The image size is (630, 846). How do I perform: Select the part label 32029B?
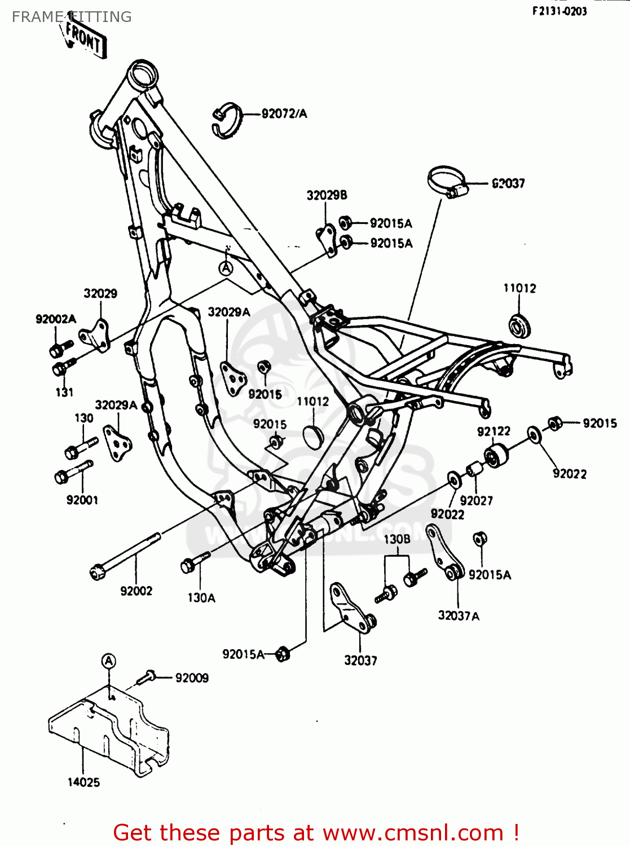point(327,195)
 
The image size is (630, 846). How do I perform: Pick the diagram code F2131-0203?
point(559,11)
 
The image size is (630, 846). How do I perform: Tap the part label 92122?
point(494,431)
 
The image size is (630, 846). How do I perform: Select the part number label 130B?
point(397,539)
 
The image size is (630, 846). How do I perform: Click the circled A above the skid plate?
point(109,661)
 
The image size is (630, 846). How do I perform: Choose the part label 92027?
point(476,501)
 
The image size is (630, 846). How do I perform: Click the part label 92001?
point(82,500)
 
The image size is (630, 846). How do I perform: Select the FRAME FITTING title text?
point(72,17)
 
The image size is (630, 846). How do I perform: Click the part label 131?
point(64,392)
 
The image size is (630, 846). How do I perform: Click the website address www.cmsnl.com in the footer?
point(413,832)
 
